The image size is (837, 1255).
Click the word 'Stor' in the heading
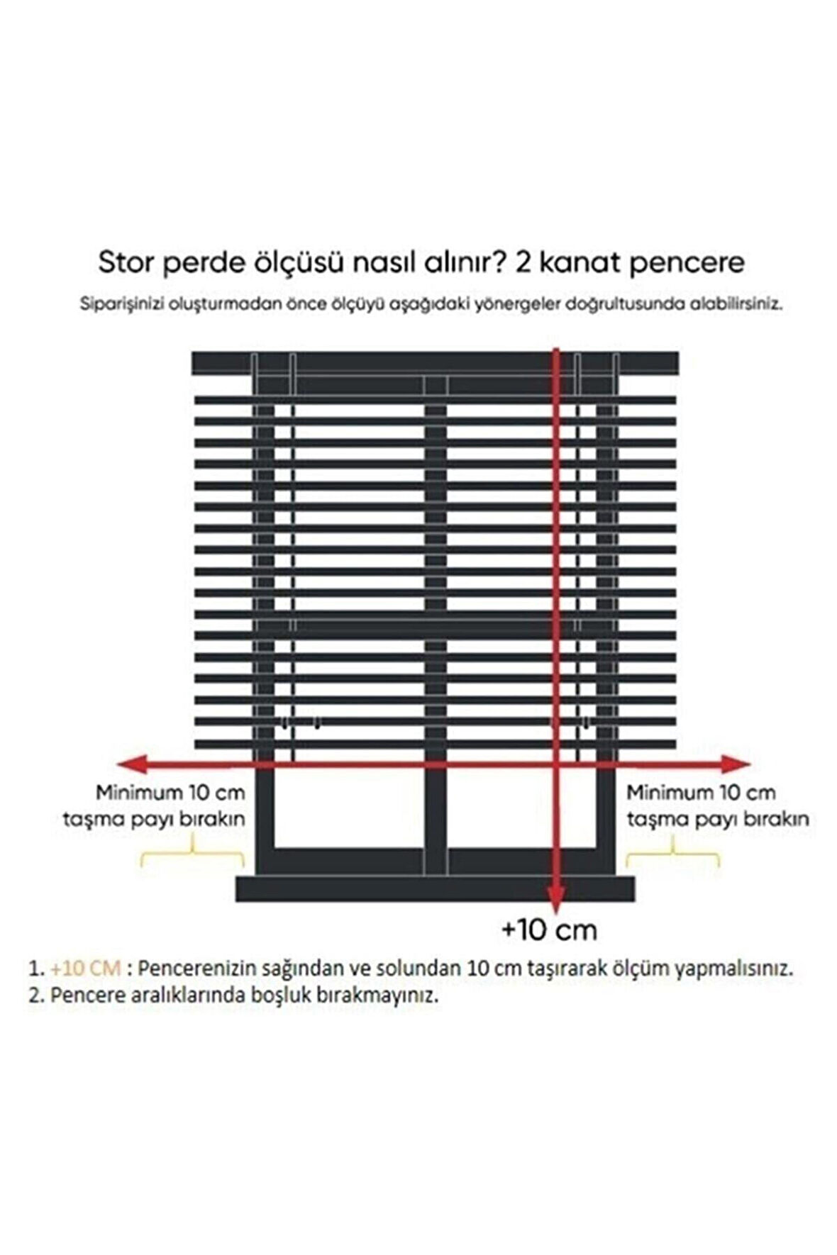pos(126,262)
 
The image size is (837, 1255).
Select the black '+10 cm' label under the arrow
pos(548,930)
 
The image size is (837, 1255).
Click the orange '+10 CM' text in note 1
pos(86,968)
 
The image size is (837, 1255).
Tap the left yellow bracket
pos(192,853)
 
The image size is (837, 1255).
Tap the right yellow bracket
pos(672,853)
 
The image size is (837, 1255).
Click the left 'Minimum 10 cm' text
pos(170,792)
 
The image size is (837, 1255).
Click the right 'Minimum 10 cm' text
pos(700,792)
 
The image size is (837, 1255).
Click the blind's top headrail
pos(434,362)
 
